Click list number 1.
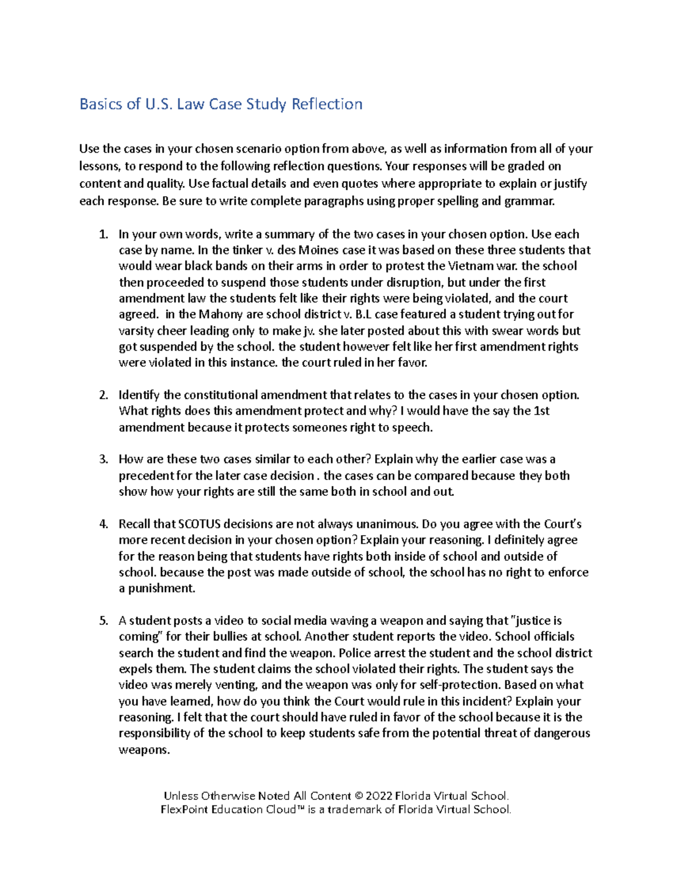(x=103, y=234)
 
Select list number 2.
(x=103, y=395)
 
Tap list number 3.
(x=103, y=460)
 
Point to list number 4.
(x=103, y=524)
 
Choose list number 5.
(x=103, y=621)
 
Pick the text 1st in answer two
(x=541, y=411)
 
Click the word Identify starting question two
(x=139, y=395)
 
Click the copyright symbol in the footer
(x=359, y=796)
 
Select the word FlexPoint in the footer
(x=185, y=810)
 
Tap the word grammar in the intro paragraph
(x=529, y=201)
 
